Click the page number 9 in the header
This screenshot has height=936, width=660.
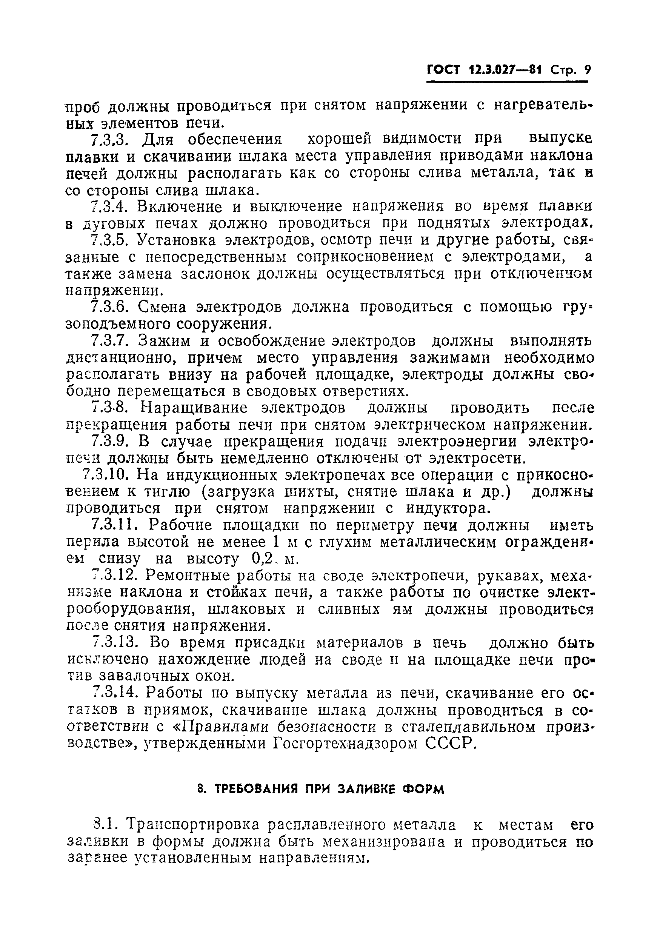(x=587, y=70)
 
